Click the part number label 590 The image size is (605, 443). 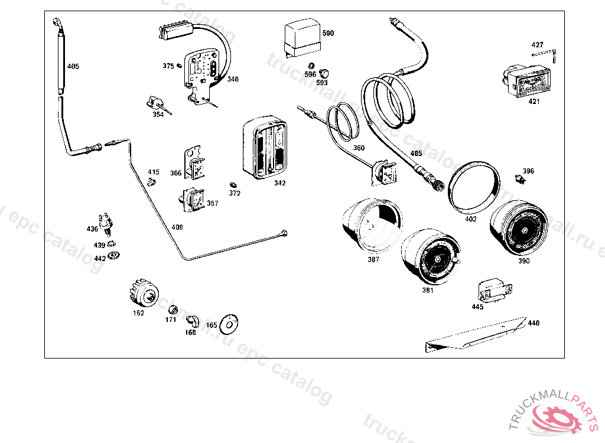click(x=328, y=34)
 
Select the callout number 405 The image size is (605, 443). click(x=73, y=66)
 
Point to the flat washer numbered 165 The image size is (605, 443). click(x=229, y=323)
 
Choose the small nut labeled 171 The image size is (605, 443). click(x=174, y=310)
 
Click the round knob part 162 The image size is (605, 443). click(x=144, y=292)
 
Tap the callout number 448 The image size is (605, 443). click(x=534, y=323)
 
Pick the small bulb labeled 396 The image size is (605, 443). click(x=520, y=177)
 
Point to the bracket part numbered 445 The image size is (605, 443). click(x=492, y=290)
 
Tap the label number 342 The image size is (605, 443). click(x=279, y=183)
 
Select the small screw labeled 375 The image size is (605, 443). click(x=179, y=66)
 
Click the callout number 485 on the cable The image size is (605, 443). click(x=416, y=154)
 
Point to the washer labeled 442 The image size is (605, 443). click(x=115, y=255)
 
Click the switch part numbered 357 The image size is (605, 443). click(x=192, y=199)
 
